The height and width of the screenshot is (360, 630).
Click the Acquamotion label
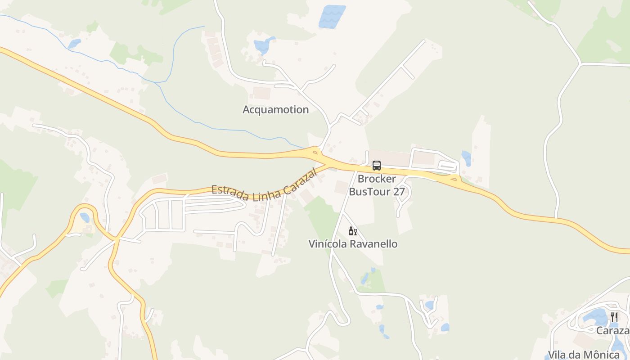pos(275,109)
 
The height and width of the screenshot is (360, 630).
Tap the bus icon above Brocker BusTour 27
pos(377,166)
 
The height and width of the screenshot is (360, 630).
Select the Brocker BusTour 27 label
pos(377,185)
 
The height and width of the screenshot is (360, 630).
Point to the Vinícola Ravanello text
pos(353,244)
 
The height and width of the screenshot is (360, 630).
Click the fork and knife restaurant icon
pos(614,317)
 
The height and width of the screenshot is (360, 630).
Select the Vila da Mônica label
pos(584,355)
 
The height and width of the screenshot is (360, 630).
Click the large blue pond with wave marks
pos(332,16)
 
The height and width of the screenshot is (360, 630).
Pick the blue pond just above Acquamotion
pos(262,45)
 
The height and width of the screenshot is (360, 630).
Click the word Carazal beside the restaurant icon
pos(612,331)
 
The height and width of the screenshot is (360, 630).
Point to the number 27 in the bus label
pos(398,191)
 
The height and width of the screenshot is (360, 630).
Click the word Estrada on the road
pos(230,193)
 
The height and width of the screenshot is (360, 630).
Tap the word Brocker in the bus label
pos(377,179)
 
